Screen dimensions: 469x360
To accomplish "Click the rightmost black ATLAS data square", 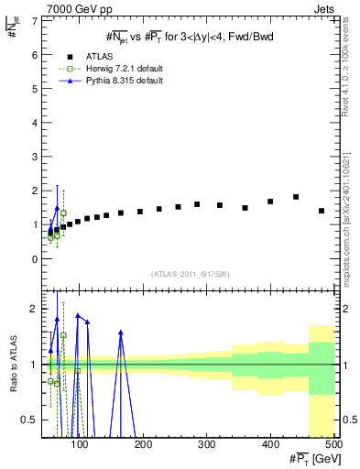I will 322,211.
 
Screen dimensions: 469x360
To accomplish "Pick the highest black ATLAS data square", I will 296,197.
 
